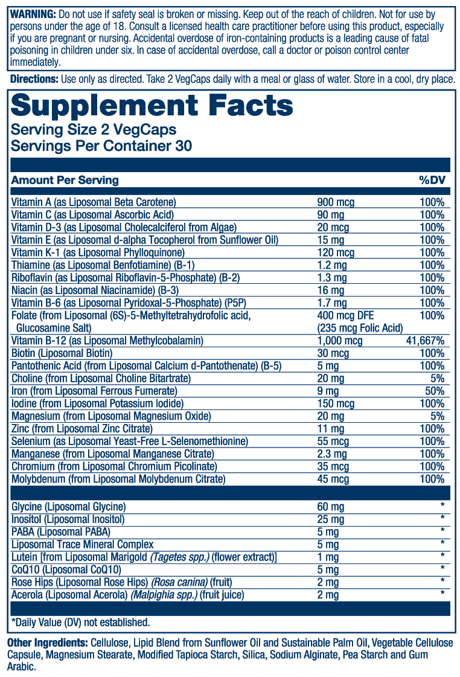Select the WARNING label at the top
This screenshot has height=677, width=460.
coord(32,13)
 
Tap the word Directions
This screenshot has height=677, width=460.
coord(34,80)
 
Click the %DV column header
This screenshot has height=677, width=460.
coord(432,180)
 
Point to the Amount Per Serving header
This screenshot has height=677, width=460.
coord(65,180)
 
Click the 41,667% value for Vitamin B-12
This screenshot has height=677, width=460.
coord(425,341)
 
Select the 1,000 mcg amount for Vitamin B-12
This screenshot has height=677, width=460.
coord(340,341)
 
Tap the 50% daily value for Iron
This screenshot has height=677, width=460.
coord(434,391)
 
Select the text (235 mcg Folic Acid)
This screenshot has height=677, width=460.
coord(360,328)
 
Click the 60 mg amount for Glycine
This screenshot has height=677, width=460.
coord(331,507)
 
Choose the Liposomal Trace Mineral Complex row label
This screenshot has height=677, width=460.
coord(82,544)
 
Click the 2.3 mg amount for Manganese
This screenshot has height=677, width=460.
coord(333,454)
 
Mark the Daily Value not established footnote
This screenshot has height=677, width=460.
coord(80,622)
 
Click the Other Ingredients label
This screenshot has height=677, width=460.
coord(46,643)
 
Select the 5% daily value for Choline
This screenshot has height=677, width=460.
coord(437,378)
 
